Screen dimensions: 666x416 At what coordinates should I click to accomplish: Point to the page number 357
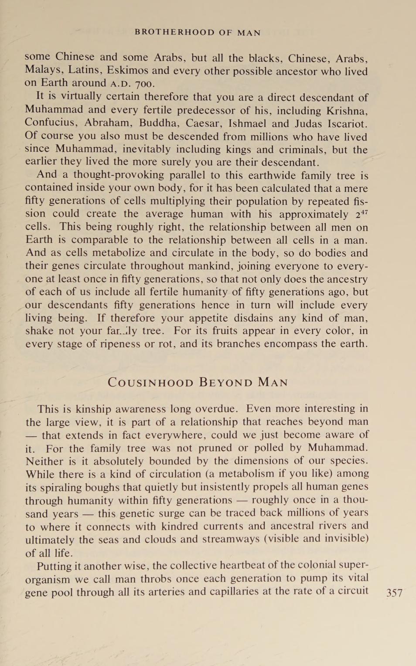(394, 593)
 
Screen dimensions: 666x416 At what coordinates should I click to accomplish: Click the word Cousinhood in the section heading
(150, 383)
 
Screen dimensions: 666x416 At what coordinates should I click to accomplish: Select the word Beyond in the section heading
(225, 383)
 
